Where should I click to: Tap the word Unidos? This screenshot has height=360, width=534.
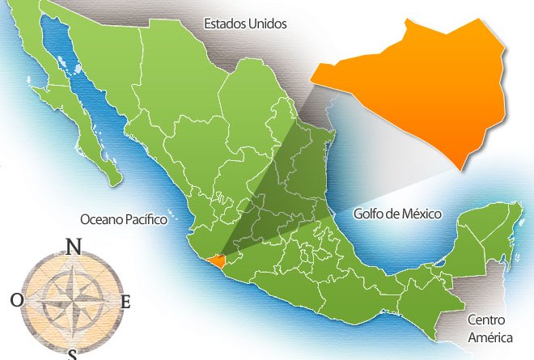coord(268,24)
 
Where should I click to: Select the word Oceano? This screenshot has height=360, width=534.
coord(101,219)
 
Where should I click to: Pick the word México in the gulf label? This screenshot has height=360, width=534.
coord(421,214)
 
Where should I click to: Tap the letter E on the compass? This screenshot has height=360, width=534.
coord(125,303)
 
